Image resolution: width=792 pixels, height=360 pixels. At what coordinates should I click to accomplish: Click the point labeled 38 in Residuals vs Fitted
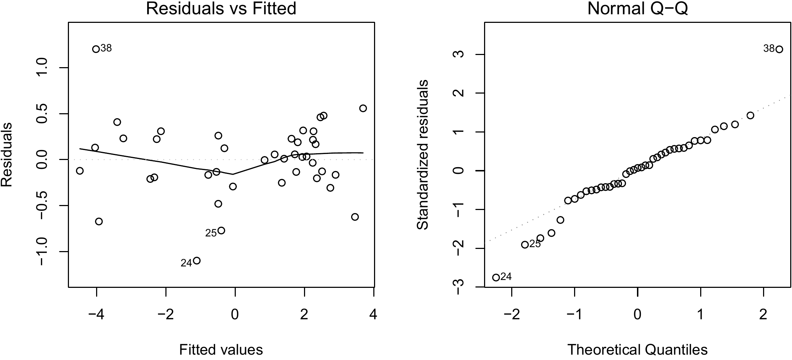pyautogui.click(x=96, y=49)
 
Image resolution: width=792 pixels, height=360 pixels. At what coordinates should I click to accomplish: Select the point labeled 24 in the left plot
pyautogui.click(x=196, y=261)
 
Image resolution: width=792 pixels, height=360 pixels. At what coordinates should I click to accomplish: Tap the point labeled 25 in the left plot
pyautogui.click(x=221, y=230)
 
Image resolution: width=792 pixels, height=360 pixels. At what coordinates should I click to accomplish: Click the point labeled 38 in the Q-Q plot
pyautogui.click(x=779, y=49)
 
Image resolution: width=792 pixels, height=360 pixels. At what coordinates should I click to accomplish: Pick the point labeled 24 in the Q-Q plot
pyautogui.click(x=496, y=277)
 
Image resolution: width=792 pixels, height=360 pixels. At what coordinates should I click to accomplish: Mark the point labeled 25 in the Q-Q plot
pyautogui.click(x=525, y=245)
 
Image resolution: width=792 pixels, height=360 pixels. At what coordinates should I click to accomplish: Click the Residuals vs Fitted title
pyautogui.click(x=221, y=9)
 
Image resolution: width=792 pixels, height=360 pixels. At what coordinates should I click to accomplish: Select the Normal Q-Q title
pyautogui.click(x=638, y=9)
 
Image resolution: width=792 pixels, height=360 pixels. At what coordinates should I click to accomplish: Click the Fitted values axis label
pyautogui.click(x=221, y=350)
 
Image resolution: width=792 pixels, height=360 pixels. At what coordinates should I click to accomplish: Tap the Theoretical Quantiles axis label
pyautogui.click(x=638, y=350)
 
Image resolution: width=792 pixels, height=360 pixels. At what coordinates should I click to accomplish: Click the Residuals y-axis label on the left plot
pyautogui.click(x=7, y=154)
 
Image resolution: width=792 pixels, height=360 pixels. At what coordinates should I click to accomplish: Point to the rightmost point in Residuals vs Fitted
pyautogui.click(x=363, y=108)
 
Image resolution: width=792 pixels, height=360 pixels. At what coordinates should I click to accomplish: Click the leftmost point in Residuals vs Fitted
pyautogui.click(x=80, y=171)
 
